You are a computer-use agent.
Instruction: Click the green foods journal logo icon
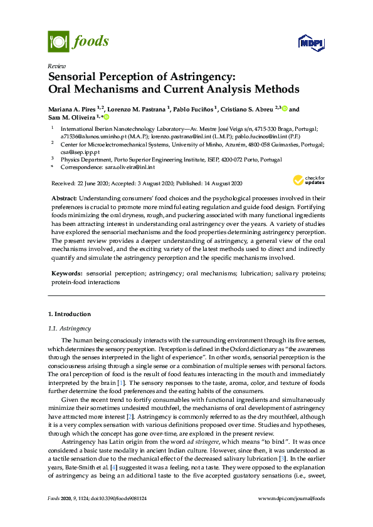[x=58, y=42]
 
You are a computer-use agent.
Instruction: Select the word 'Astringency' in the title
[x=197, y=77]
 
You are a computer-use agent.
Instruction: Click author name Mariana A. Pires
[x=74, y=108]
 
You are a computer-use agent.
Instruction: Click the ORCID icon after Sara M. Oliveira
[x=106, y=117]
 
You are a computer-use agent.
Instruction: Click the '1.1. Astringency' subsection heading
[x=70, y=328]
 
